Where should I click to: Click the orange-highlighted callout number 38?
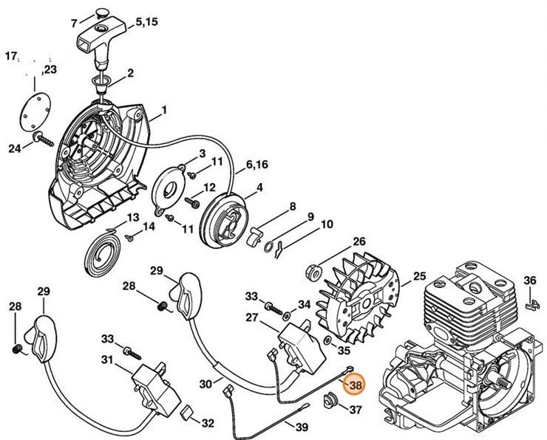(x=356, y=385)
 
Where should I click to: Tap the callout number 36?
(x=529, y=281)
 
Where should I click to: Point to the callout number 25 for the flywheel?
(x=419, y=277)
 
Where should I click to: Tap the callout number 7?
(x=73, y=23)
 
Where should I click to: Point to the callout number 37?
(x=356, y=410)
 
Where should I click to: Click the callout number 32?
(x=208, y=423)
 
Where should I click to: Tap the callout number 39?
(x=302, y=427)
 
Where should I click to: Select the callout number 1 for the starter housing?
(x=163, y=110)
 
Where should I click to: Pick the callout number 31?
(x=107, y=360)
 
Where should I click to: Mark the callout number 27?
(x=251, y=317)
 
